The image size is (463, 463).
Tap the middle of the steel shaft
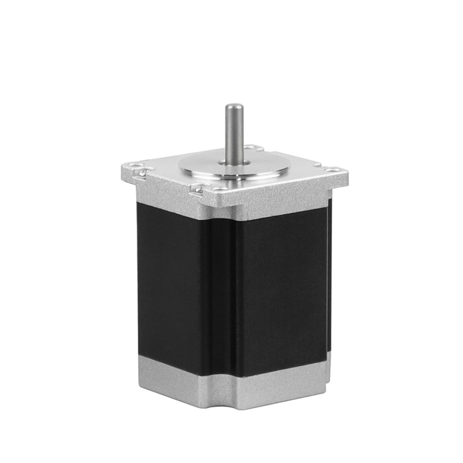pyautogui.click(x=233, y=134)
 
